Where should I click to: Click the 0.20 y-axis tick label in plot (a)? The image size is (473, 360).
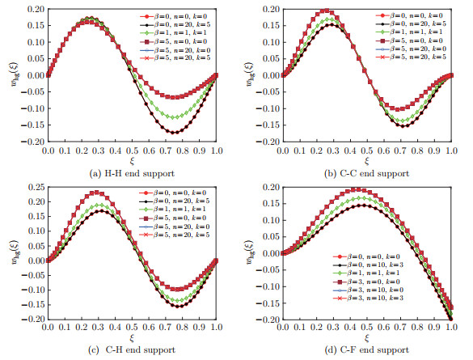click(x=34, y=9)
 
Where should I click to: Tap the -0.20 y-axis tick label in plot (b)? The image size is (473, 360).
click(x=267, y=142)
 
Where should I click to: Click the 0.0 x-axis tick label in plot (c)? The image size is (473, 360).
click(x=48, y=328)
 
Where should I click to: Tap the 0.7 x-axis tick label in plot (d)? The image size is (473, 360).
click(x=400, y=328)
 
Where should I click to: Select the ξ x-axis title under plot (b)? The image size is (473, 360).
click(x=365, y=161)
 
